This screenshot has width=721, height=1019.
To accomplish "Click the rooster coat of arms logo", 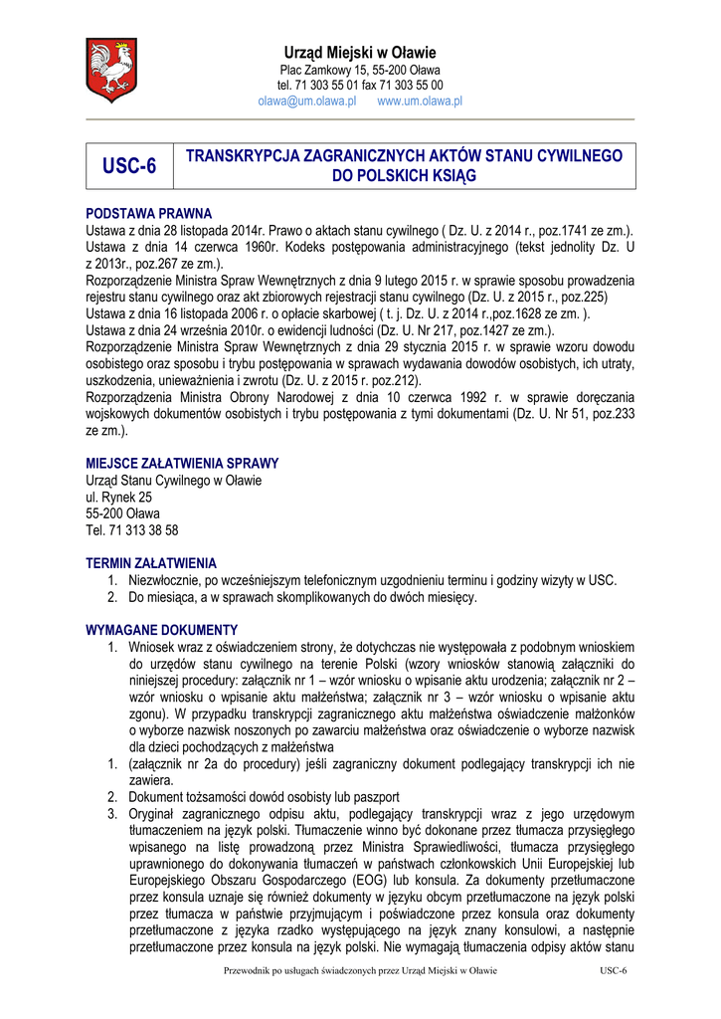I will [110, 71].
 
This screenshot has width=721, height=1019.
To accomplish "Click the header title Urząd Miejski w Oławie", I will [360, 53].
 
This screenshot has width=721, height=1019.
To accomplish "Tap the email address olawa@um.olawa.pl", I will [307, 102].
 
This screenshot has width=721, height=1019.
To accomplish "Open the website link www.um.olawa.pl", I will [420, 102].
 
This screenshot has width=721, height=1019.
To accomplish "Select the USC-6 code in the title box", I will [129, 166].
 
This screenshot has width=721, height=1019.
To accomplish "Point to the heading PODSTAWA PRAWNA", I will [149, 214].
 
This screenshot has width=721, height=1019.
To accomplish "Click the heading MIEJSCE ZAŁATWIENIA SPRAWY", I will [182, 464].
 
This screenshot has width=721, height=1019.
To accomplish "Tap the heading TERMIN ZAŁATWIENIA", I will [151, 563].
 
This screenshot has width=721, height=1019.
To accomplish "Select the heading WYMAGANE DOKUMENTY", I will [162, 630].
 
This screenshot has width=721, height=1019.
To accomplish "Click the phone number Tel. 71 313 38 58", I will [132, 530].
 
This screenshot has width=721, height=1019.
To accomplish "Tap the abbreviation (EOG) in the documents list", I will [399, 881].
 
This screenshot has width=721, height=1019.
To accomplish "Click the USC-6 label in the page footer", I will [614, 971].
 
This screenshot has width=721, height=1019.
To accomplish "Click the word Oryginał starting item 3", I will [155, 813].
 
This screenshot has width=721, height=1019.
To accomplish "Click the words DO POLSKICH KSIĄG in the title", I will [404, 176].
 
